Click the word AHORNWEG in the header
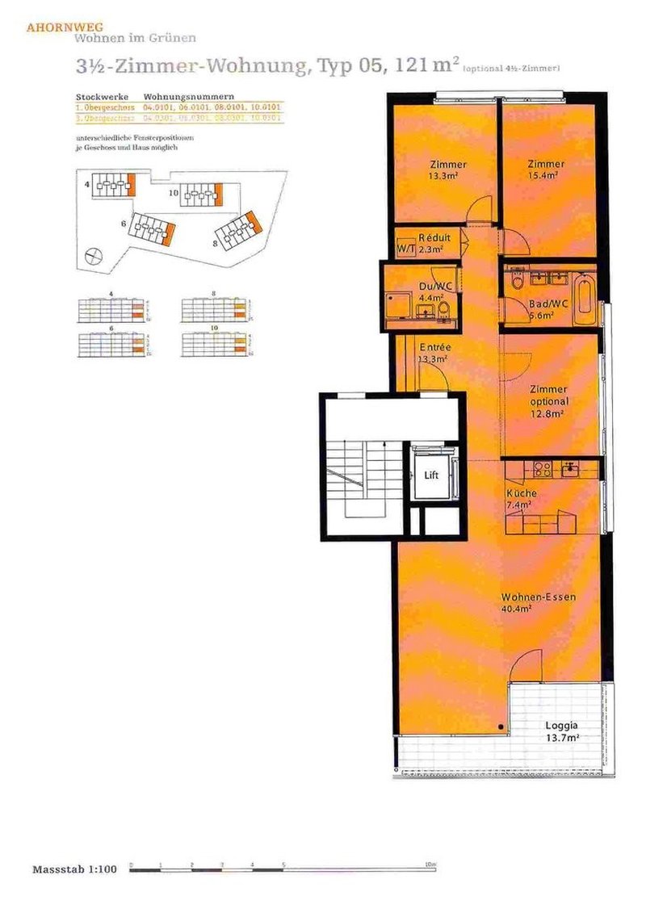(57, 27)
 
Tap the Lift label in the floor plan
(432, 475)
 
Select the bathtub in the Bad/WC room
(585, 299)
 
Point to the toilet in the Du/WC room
(443, 308)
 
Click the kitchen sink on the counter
(571, 468)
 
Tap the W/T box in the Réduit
(405, 249)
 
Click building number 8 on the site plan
(216, 242)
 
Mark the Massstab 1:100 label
(74, 869)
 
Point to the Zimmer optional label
(549, 401)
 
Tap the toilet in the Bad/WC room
(518, 283)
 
